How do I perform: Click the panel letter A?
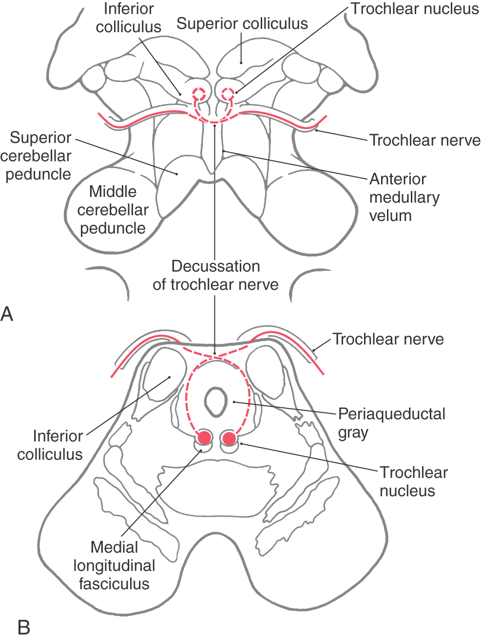[7, 314]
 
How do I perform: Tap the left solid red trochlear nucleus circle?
[205, 438]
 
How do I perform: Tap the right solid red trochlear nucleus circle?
[230, 438]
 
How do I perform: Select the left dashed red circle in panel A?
[199, 94]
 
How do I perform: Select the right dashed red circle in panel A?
[228, 94]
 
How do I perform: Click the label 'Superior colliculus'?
[242, 23]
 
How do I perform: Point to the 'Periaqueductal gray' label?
[392, 423]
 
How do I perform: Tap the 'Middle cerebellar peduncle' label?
[113, 210]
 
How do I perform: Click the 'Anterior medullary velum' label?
[404, 198]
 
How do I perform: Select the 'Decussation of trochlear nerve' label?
[215, 276]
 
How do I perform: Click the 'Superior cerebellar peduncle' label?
[36, 156]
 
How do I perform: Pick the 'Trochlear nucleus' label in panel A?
[415, 9]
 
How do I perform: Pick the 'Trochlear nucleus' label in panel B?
[414, 481]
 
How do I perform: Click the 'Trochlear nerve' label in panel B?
[388, 339]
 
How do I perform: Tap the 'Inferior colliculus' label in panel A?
[129, 18]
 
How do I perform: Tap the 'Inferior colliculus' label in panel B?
[50, 445]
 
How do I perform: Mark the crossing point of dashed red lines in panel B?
[215, 355]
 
